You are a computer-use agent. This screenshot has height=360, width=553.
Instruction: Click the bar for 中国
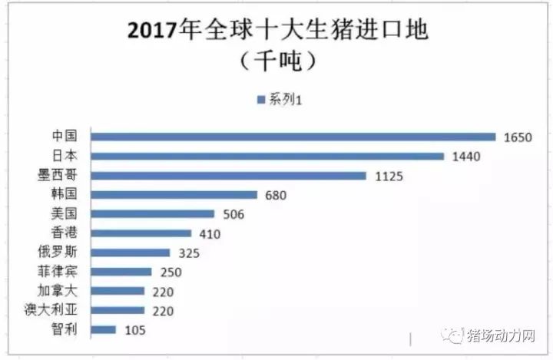tap(293, 137)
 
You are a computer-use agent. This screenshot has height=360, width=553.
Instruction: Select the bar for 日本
tap(267, 156)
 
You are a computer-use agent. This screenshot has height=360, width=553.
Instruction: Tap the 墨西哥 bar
tap(228, 176)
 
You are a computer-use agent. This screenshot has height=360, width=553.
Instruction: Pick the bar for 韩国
tap(174, 195)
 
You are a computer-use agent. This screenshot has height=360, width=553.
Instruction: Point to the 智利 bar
tap(103, 330)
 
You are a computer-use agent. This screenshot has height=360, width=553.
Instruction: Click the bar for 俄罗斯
tap(130, 253)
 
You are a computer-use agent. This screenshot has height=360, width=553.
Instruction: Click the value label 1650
tap(518, 137)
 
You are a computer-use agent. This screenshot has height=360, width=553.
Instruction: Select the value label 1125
tap(388, 176)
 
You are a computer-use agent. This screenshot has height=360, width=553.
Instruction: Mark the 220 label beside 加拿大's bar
tap(163, 292)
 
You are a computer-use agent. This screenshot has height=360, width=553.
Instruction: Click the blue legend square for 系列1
tap(261, 99)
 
